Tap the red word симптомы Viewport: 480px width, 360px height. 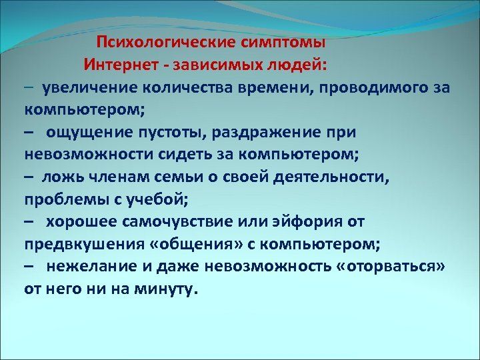tap(285, 43)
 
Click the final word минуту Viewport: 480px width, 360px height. tap(167, 289)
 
